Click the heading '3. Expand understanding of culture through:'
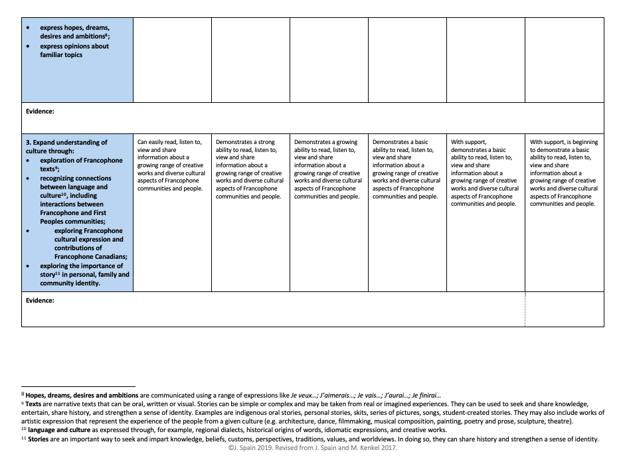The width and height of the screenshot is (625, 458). (66, 146)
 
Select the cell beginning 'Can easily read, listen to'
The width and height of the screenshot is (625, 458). (171, 165)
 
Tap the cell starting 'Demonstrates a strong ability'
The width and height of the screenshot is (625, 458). (250, 169)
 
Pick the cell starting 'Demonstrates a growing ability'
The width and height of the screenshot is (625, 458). (328, 169)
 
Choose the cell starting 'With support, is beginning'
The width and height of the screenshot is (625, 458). (564, 173)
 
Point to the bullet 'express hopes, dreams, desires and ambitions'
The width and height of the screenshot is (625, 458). (74, 32)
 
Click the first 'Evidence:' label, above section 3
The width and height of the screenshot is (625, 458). (40, 112)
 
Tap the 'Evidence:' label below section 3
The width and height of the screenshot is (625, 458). (40, 300)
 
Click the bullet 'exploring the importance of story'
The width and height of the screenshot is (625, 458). (84, 275)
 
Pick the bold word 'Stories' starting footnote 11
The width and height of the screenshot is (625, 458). (39, 439)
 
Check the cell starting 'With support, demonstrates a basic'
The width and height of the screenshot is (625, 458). (485, 173)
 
